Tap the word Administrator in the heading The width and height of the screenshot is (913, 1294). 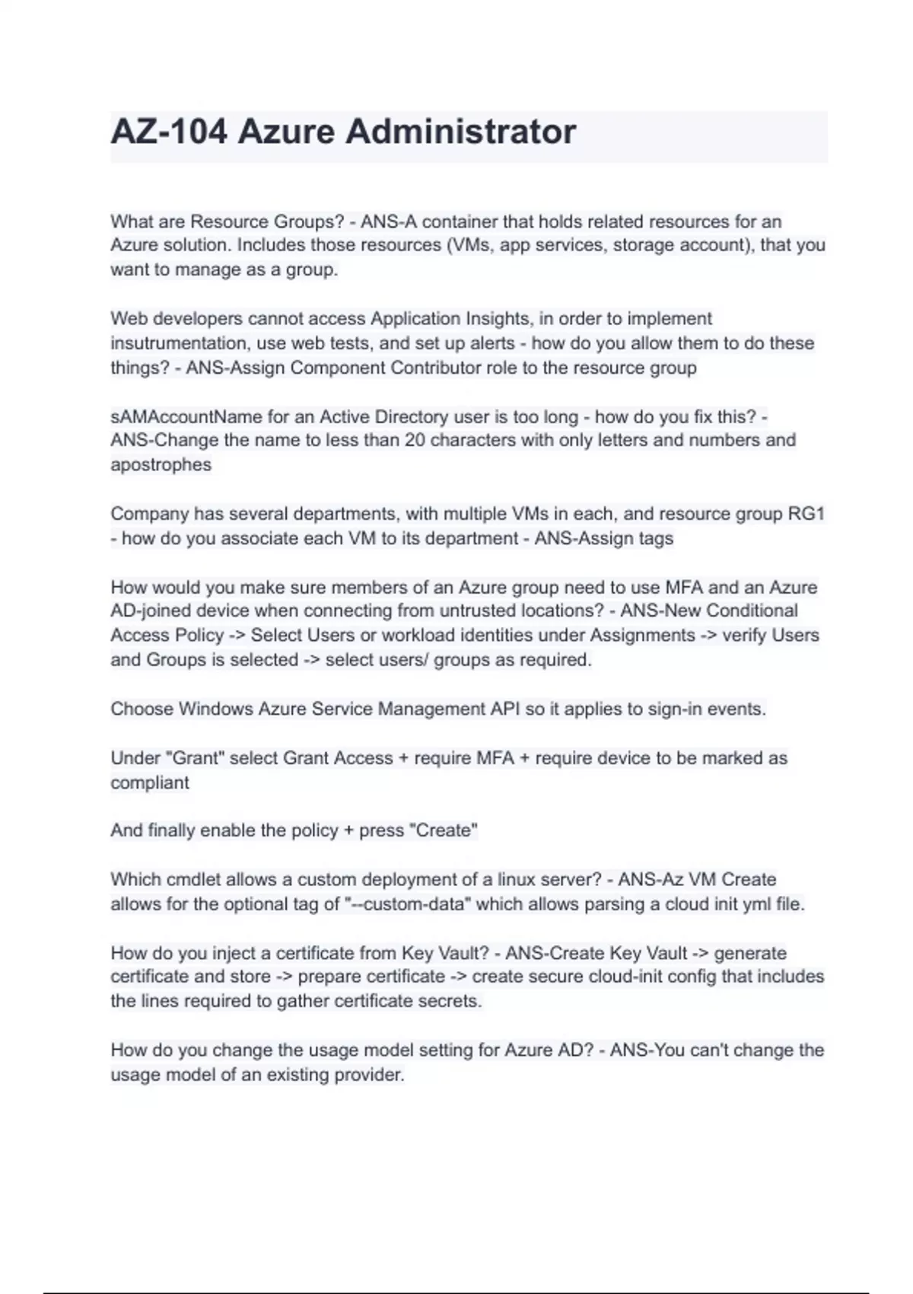pyautogui.click(x=460, y=132)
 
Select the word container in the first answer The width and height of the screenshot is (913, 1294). pyautogui.click(x=459, y=222)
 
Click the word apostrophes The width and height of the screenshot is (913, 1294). pyautogui.click(x=161, y=465)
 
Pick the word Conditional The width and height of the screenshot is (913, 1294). pyautogui.click(x=752, y=611)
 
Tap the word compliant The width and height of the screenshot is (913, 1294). pyautogui.click(x=149, y=783)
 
